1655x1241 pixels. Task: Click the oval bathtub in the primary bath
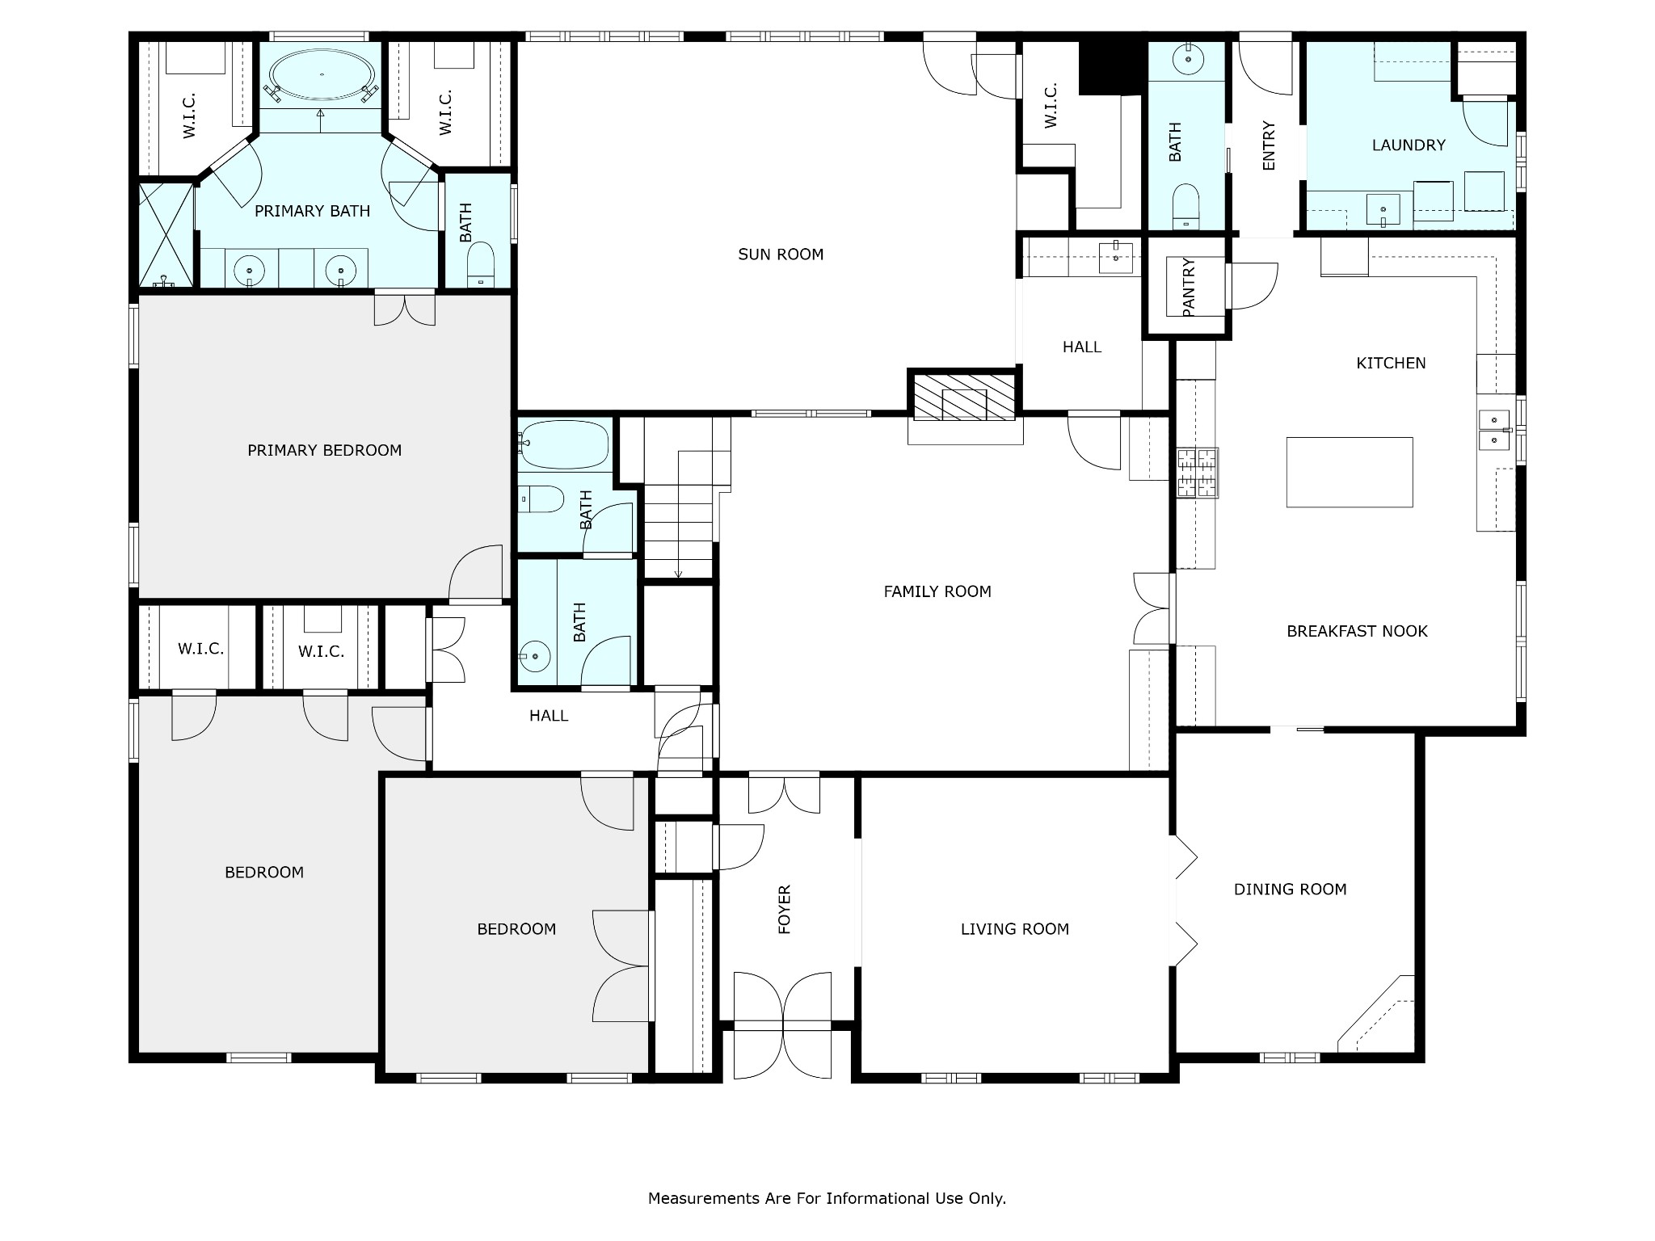click(322, 75)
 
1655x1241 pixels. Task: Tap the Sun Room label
click(781, 255)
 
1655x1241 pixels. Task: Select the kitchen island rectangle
click(1350, 472)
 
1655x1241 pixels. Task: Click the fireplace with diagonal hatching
click(965, 397)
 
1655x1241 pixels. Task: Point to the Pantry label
click(1188, 287)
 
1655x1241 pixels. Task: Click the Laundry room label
click(1409, 145)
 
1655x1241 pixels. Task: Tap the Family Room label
click(937, 591)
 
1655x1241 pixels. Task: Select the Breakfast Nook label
click(1357, 631)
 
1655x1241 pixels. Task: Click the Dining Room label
click(1290, 890)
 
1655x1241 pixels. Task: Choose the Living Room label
click(1014, 929)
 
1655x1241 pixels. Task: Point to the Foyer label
click(784, 910)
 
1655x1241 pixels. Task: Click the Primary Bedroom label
click(324, 450)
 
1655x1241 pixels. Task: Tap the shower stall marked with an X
click(166, 235)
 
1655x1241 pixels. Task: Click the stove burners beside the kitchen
click(1197, 473)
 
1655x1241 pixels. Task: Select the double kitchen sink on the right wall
click(1495, 429)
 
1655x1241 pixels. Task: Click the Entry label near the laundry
click(1268, 145)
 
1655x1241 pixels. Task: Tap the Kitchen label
click(1391, 364)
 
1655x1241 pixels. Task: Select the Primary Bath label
click(312, 211)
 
